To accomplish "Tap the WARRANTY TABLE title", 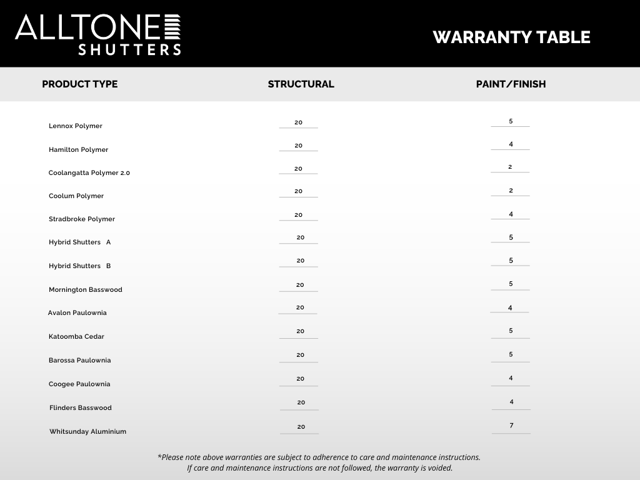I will [x=511, y=37].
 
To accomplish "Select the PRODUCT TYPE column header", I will [x=79, y=84].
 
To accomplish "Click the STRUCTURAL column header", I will [x=301, y=84].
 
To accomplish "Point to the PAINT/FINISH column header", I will [x=511, y=84].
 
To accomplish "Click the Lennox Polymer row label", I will [x=76, y=126].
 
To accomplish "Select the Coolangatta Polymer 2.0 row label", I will [x=89, y=173].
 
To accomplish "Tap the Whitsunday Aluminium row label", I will [x=87, y=432].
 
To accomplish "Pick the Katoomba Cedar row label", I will [x=76, y=337].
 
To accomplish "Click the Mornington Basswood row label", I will [x=86, y=290].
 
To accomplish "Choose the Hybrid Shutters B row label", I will [x=80, y=266].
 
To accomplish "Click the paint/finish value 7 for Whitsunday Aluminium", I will [x=511, y=426].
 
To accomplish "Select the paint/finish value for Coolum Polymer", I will [x=511, y=191].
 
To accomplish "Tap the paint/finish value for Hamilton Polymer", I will [x=511, y=144].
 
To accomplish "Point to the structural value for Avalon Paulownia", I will [x=300, y=307].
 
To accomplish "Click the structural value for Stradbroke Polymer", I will [x=298, y=215].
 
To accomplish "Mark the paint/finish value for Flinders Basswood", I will [x=511, y=402].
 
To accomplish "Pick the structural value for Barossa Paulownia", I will [x=300, y=355].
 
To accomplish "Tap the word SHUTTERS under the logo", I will [x=129, y=49].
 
